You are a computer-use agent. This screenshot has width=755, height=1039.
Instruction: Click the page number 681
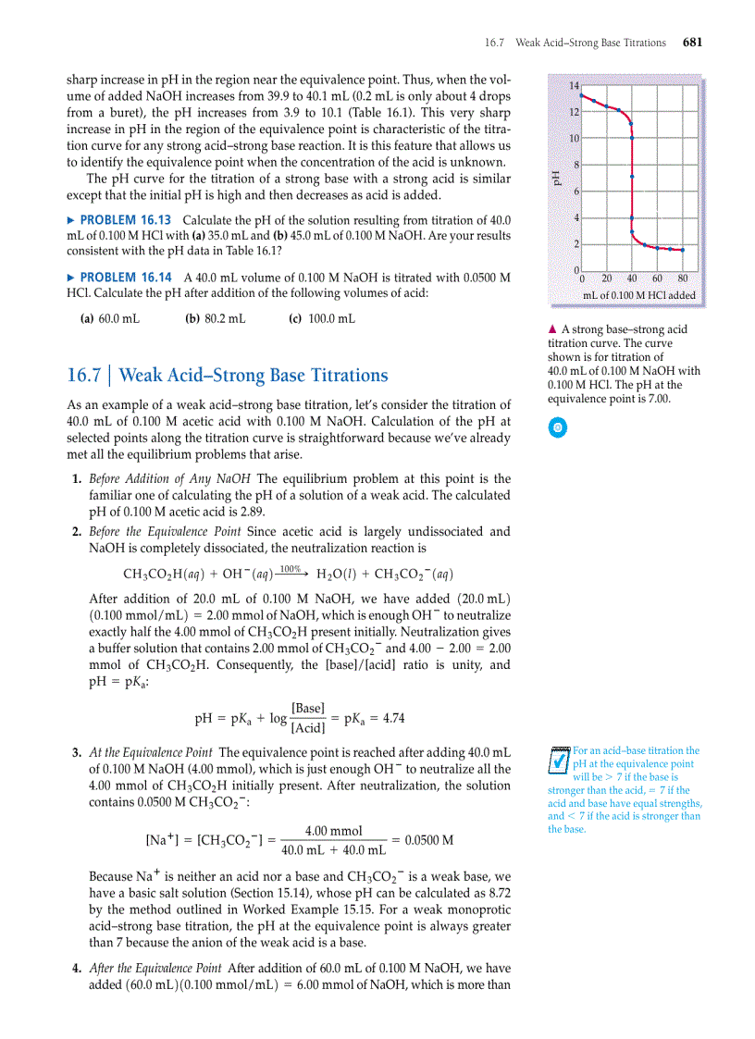(692, 43)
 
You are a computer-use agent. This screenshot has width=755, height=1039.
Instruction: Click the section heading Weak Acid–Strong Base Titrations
(254, 376)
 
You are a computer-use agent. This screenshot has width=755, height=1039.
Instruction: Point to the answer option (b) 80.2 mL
(216, 319)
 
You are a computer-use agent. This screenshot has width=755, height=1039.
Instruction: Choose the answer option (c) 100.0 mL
(321, 319)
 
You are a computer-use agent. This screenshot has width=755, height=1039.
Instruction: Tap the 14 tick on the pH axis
(574, 86)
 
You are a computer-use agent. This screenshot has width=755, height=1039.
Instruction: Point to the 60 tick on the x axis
(658, 278)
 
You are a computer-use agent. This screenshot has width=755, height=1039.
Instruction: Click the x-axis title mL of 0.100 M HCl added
(638, 296)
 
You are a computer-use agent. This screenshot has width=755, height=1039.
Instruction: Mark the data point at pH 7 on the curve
(632, 177)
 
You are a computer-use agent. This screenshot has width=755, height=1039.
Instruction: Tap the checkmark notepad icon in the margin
(558, 760)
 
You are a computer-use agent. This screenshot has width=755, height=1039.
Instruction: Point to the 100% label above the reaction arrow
(290, 567)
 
